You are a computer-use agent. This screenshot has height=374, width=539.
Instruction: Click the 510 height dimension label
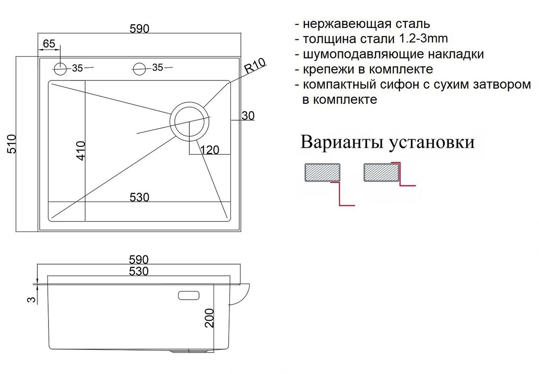[11, 144]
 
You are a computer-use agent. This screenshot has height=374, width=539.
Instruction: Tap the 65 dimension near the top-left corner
[49, 43]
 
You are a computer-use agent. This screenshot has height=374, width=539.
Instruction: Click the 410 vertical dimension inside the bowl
[80, 151]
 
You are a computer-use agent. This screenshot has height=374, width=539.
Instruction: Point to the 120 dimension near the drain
[210, 150]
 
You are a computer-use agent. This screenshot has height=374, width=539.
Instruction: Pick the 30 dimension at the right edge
[248, 116]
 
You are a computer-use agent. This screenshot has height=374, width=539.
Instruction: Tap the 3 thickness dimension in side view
[31, 299]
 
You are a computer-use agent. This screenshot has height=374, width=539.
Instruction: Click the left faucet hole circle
[60, 69]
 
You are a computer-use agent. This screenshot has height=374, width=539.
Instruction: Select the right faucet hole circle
[140, 68]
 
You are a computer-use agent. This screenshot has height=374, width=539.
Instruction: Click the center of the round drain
[189, 122]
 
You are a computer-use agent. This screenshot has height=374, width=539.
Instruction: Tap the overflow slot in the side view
[189, 295]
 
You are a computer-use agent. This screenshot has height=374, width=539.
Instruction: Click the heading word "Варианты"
[342, 142]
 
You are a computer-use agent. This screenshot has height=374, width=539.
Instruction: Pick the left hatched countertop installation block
[323, 172]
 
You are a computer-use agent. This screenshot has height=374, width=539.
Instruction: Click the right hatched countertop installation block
[381, 172]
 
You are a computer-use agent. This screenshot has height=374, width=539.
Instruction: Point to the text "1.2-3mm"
[424, 38]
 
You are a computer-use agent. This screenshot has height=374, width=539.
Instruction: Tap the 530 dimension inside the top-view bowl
[140, 197]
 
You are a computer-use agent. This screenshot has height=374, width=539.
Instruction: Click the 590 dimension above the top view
[140, 29]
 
